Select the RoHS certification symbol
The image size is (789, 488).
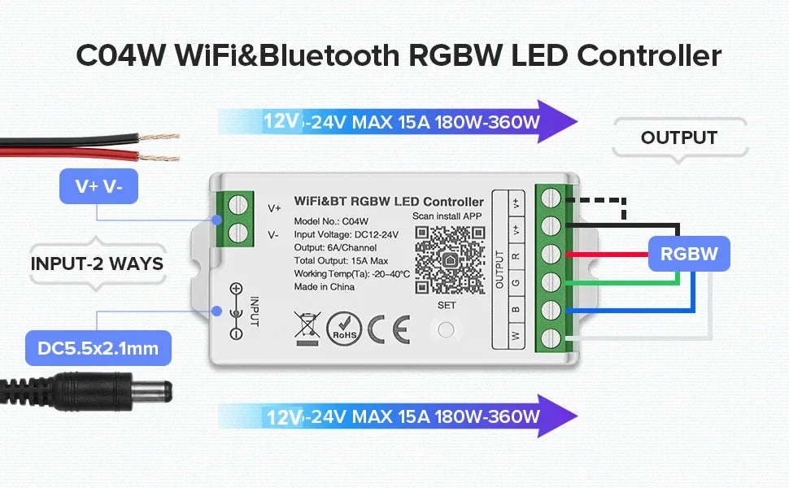[x=343, y=329]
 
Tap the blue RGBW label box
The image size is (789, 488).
[x=689, y=254]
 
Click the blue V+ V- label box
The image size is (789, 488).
[x=98, y=186]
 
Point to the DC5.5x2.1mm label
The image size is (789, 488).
[x=98, y=349]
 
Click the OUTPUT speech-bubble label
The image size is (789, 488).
[x=678, y=138]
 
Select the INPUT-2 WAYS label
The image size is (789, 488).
[x=97, y=264]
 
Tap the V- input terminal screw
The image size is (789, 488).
[x=238, y=234]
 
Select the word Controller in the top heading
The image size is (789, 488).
[x=648, y=56]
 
